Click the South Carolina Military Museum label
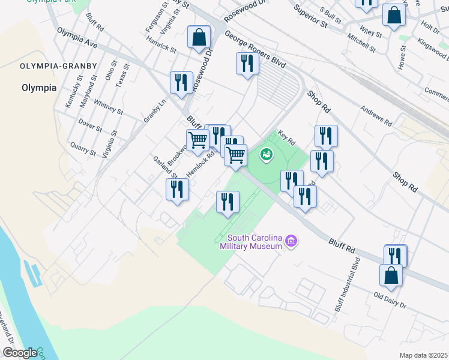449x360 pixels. [x=251, y=242]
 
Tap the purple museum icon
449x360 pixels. [x=292, y=241]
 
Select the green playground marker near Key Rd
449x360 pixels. [x=265, y=155]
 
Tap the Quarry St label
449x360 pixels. [x=83, y=148]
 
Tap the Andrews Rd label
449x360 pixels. [x=376, y=116]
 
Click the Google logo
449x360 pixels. [x=20, y=353]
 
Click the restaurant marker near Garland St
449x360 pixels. [x=177, y=190]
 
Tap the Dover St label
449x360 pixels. [x=90, y=125]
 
